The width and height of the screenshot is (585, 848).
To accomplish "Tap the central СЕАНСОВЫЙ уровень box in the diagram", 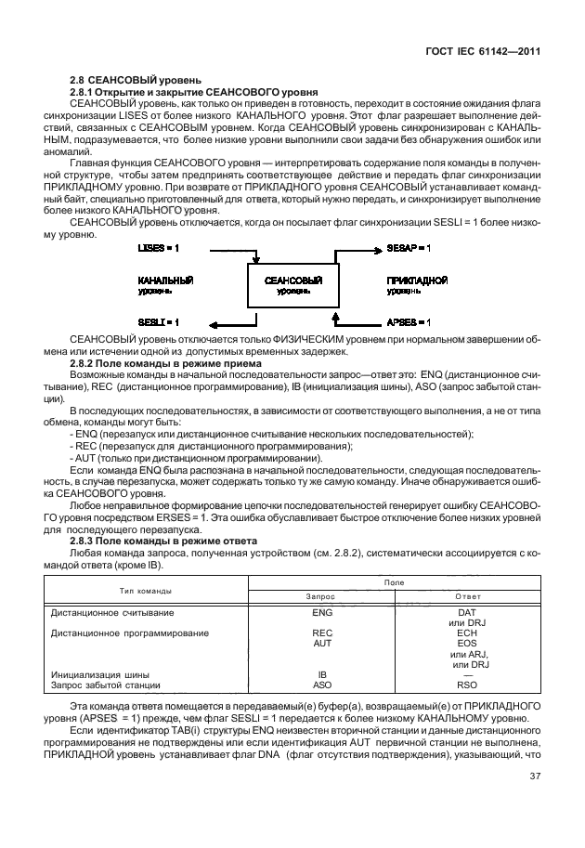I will coord(292,285).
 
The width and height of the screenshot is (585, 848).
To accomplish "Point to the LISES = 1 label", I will coord(159,250).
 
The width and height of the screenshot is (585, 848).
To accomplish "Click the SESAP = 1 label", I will coord(408,250).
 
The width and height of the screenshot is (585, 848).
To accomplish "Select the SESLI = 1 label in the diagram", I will coord(159,321).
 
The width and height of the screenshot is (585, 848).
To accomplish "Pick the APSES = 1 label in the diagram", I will coord(408,321).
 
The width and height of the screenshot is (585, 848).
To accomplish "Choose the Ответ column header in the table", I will coord(468,596).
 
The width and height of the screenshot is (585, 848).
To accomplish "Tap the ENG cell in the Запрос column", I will coord(322,613).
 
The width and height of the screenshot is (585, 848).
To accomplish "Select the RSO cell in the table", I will coord(467,685).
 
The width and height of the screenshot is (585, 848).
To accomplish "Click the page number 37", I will coord(535,776).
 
